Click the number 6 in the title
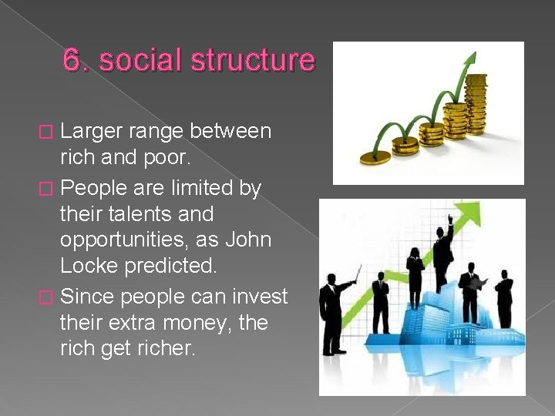(x=72, y=60)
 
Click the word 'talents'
(x=140, y=213)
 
